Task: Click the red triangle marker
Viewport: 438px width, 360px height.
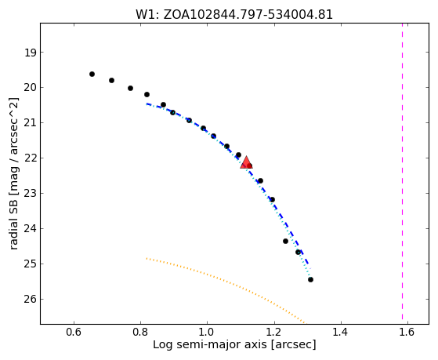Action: pyautogui.click(x=246, y=163)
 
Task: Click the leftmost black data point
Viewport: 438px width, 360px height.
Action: pyautogui.click(x=92, y=75)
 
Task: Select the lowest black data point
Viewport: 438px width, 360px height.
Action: pyautogui.click(x=310, y=279)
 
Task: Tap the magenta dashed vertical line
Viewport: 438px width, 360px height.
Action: pyautogui.click(x=402, y=172)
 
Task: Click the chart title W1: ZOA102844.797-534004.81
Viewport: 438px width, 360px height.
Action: pyautogui.click(x=234, y=15)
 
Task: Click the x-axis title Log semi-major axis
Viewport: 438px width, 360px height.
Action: pyautogui.click(x=209, y=344)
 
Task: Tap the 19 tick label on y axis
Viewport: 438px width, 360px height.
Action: pyautogui.click(x=31, y=53)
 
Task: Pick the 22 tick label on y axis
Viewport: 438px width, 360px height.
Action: pyautogui.click(x=31, y=158)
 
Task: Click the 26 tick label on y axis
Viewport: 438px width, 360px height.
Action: pyautogui.click(x=31, y=300)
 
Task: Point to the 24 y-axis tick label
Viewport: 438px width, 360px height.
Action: pyautogui.click(x=31, y=229)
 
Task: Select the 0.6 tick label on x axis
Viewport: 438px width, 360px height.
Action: pyautogui.click(x=74, y=332)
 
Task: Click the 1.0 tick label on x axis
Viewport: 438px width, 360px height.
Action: pyautogui.click(x=208, y=332)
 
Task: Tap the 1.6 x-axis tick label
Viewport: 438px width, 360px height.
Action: pyautogui.click(x=407, y=332)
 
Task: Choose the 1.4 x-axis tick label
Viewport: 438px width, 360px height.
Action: pyautogui.click(x=341, y=332)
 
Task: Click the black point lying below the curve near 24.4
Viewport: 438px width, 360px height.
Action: pyautogui.click(x=285, y=241)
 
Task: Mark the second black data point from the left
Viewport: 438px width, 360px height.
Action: pyautogui.click(x=111, y=81)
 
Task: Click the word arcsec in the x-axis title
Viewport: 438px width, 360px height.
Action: pyautogui.click(x=293, y=344)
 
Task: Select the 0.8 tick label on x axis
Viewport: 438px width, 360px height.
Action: pyautogui.click(x=140, y=332)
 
